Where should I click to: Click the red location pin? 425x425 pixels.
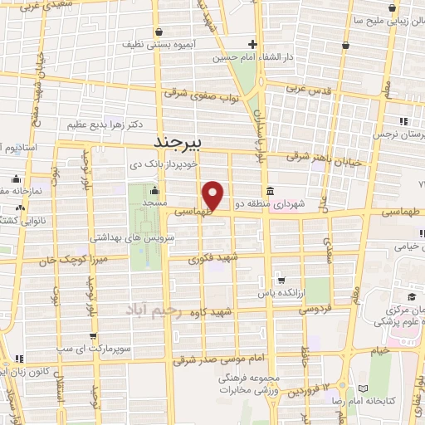214,195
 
